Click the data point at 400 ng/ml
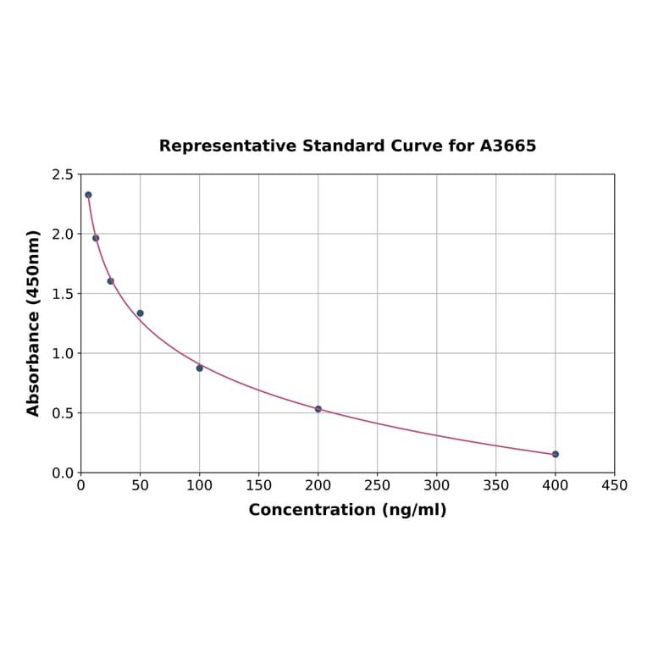pos(556,454)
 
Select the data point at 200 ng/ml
pos(318,409)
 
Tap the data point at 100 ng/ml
pos(200,368)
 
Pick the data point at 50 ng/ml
pos(141,313)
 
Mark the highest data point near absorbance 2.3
pos(88,195)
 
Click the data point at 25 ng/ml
pos(111,281)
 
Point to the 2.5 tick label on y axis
pos(63,174)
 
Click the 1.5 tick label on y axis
pos(63,294)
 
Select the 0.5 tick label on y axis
pos(63,413)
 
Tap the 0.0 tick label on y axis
pos(63,473)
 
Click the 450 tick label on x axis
pos(614,485)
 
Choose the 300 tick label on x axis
pos(437,485)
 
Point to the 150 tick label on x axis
pos(259,485)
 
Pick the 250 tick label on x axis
pos(378,485)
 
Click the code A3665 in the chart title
pos(508,146)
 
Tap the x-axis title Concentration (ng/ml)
pos(347,510)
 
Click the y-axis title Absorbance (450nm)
pos(34,323)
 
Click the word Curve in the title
pos(417,146)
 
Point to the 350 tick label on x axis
pos(496,485)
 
